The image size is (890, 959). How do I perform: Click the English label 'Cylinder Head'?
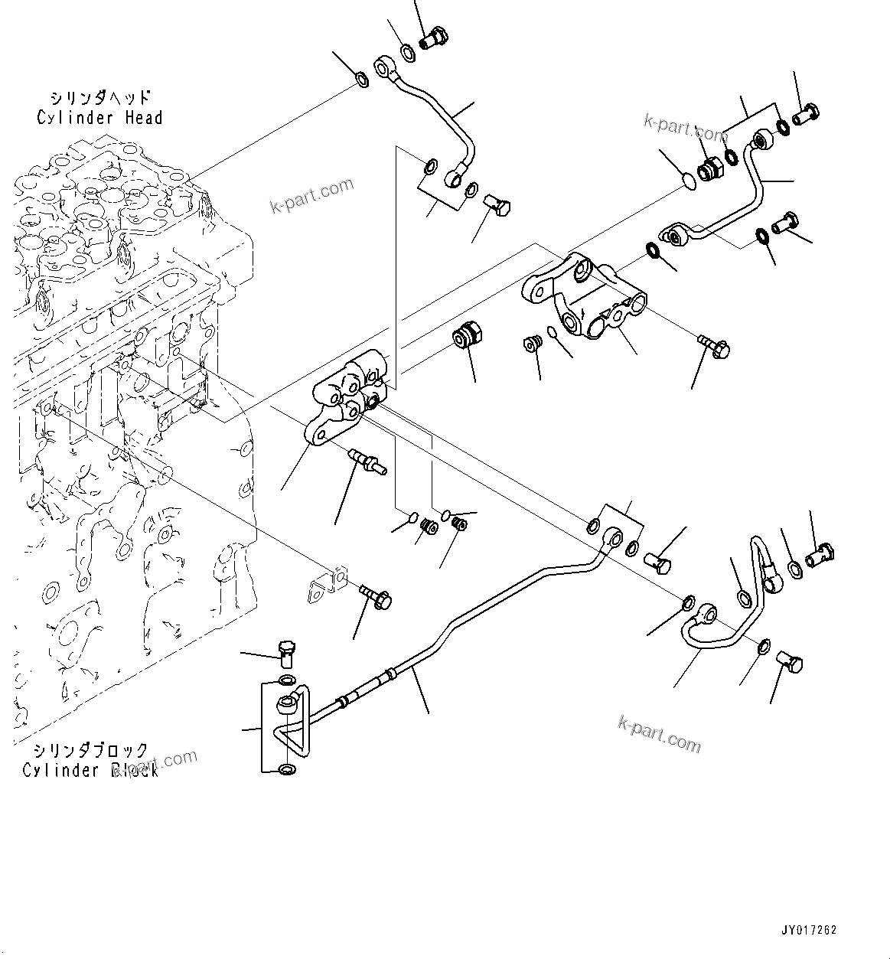pyautogui.click(x=99, y=118)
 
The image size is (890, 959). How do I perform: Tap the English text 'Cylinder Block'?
pyautogui.click(x=90, y=770)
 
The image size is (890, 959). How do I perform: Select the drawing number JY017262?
pyautogui.click(x=809, y=931)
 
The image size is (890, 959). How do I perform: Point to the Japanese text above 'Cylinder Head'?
pyautogui.click(x=100, y=98)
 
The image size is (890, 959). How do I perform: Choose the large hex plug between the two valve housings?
pyautogui.click(x=467, y=336)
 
